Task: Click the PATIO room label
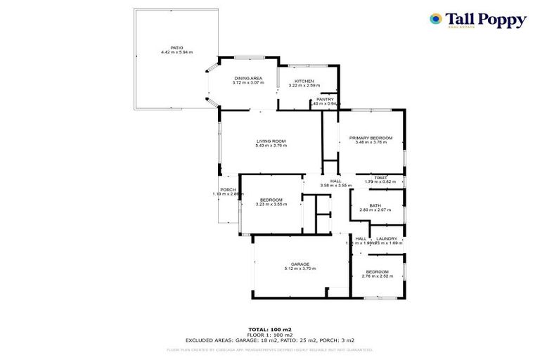[x=167, y=48]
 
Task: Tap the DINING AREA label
[x=248, y=77]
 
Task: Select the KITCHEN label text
[x=304, y=81]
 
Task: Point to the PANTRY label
[x=325, y=99]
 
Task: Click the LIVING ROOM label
[x=271, y=141]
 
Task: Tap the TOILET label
[x=381, y=177]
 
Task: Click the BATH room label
[x=375, y=205]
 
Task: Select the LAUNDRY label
[x=387, y=238]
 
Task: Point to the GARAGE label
[x=297, y=264]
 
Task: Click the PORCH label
[x=228, y=190]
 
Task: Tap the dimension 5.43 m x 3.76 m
[x=271, y=146]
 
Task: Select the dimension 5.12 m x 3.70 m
[x=297, y=269]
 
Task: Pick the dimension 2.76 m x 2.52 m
[x=376, y=276]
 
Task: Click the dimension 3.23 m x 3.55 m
[x=271, y=204]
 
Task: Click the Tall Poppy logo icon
[x=436, y=19]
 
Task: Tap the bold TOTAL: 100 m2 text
[x=270, y=329]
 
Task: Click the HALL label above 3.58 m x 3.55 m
[x=335, y=181]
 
